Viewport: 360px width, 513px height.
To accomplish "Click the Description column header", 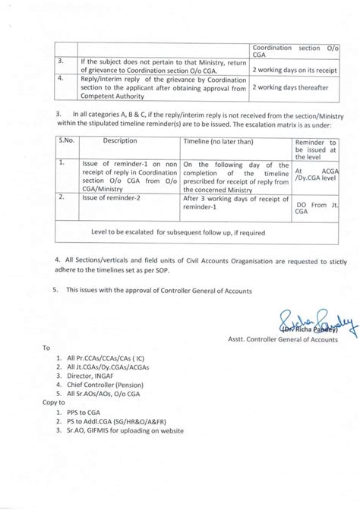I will tap(120, 141).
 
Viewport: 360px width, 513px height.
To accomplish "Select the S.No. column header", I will tap(66, 141).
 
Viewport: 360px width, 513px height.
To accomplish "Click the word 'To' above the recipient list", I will tap(46, 347).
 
